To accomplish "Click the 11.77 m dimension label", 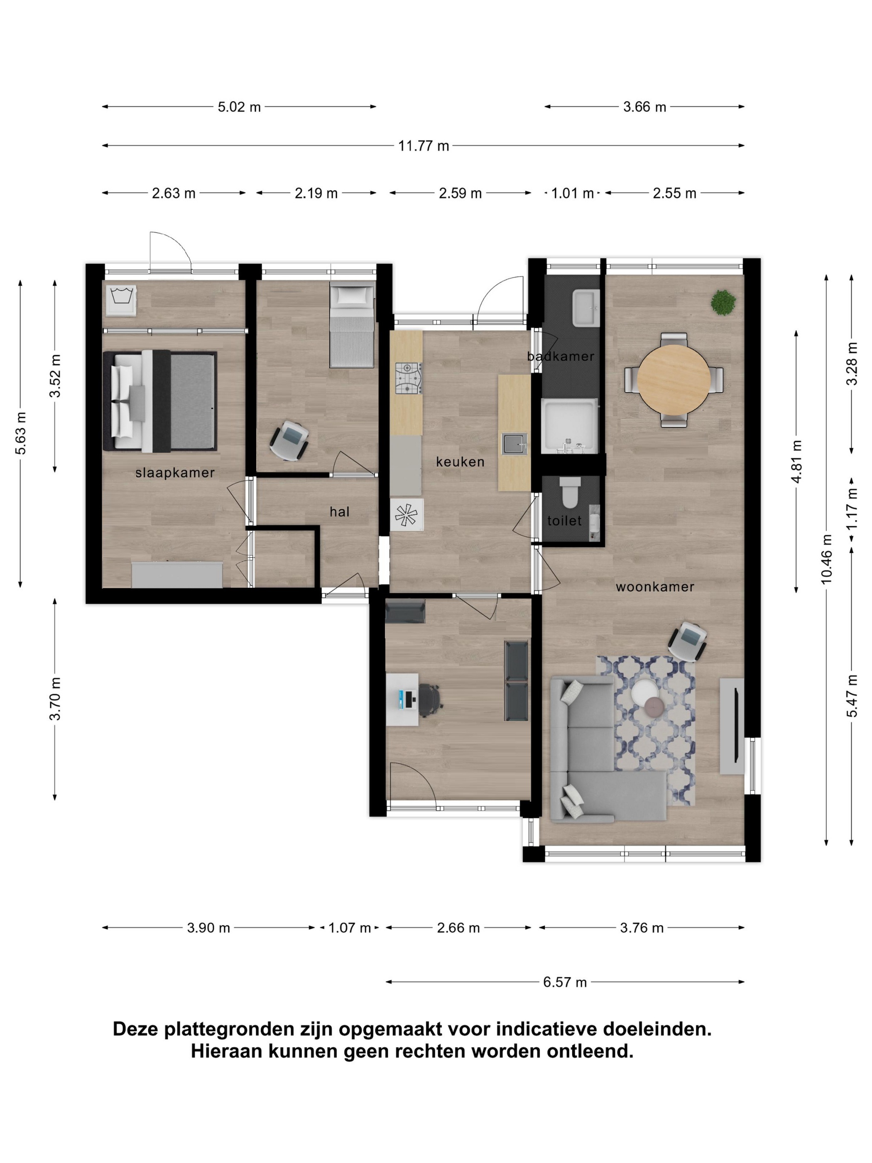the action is pos(423,146).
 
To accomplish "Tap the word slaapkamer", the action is pos(175,473).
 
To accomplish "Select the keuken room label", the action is pos(460,461).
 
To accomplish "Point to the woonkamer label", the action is pos(655,587).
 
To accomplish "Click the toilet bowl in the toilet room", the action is pos(570,492).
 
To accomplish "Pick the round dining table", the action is pos(674,379).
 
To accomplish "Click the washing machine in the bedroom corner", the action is pos(121,300).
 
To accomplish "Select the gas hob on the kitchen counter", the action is pos(409,378).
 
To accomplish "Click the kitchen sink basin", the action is pos(514,444).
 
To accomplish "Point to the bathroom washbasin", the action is pos(585,308).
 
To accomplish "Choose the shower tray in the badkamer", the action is pos(569,426).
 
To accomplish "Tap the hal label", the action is pos(340,512).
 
